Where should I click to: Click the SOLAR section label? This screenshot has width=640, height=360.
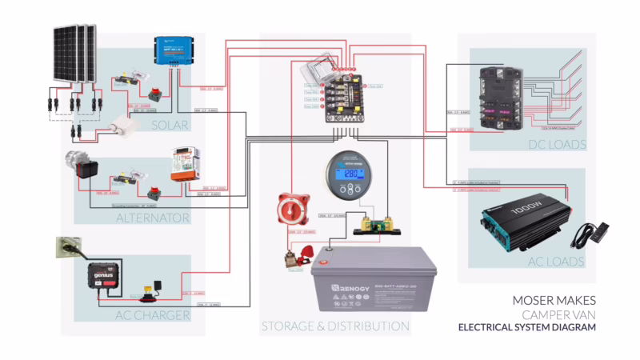[x=169, y=125]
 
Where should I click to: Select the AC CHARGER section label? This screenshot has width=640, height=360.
[x=154, y=314]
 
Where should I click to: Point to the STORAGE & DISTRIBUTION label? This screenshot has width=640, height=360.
[x=335, y=326]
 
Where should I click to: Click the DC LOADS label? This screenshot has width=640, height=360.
[x=557, y=145]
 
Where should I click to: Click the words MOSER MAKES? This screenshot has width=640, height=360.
[x=554, y=301]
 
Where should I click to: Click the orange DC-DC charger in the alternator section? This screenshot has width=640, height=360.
[x=185, y=165]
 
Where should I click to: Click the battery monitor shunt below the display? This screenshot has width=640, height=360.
[x=374, y=222]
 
